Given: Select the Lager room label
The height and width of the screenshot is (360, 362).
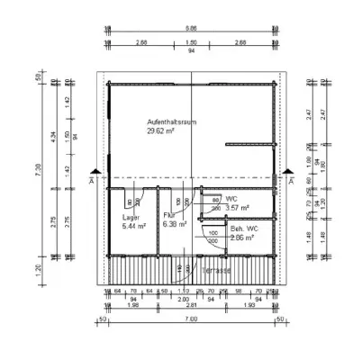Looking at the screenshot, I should point(130,217).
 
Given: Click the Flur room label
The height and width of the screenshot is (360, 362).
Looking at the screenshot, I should point(169,216).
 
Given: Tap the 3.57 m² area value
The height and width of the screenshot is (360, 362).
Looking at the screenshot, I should point(237,208).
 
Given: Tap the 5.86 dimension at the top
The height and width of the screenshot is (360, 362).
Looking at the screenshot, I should point(190,27).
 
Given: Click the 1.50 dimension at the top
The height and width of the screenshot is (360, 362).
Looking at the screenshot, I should point(190,42).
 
